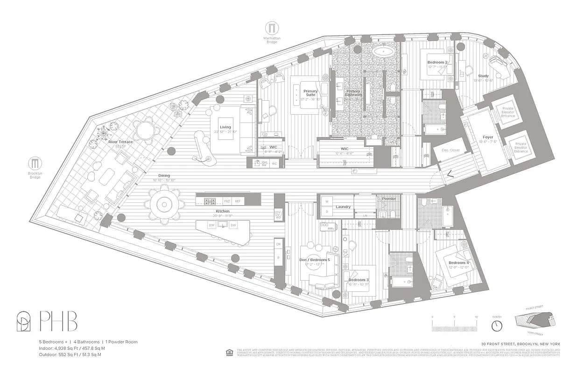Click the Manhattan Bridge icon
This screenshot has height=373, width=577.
271,28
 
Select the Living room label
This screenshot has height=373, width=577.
226,127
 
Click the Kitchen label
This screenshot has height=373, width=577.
223,211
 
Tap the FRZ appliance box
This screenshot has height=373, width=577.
227,201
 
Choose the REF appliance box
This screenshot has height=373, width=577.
238,201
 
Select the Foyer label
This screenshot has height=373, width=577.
488,137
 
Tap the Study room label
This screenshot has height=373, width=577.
483,76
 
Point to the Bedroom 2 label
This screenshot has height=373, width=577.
437,62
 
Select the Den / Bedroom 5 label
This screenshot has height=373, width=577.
315,260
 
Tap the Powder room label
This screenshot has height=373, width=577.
389,199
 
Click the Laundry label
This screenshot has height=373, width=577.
343,207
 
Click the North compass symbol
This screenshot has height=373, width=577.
497,324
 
